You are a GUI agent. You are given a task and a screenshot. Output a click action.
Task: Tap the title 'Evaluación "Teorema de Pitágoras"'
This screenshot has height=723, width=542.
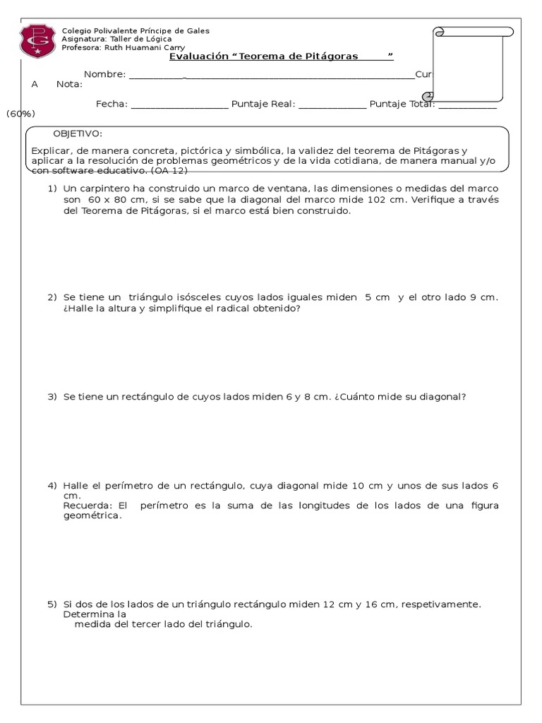pyautogui.click(x=281, y=56)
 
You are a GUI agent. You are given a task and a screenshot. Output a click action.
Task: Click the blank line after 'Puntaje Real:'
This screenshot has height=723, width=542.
pyautogui.click(x=332, y=105)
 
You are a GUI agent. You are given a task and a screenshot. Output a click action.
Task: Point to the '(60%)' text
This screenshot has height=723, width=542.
pyautogui.click(x=21, y=114)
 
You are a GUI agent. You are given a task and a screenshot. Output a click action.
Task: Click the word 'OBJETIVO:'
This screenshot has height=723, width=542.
pyautogui.click(x=78, y=134)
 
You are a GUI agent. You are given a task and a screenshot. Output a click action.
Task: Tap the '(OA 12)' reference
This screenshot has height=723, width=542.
pyautogui.click(x=169, y=171)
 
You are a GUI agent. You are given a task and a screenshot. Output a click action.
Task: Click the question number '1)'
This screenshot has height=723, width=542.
pyautogui.click(x=52, y=189)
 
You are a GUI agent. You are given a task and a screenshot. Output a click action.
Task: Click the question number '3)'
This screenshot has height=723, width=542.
pyautogui.click(x=52, y=397)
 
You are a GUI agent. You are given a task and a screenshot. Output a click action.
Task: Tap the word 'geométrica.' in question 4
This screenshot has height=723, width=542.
pyautogui.click(x=92, y=516)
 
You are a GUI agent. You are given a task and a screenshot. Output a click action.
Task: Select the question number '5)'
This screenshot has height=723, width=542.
pyautogui.click(x=52, y=604)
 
